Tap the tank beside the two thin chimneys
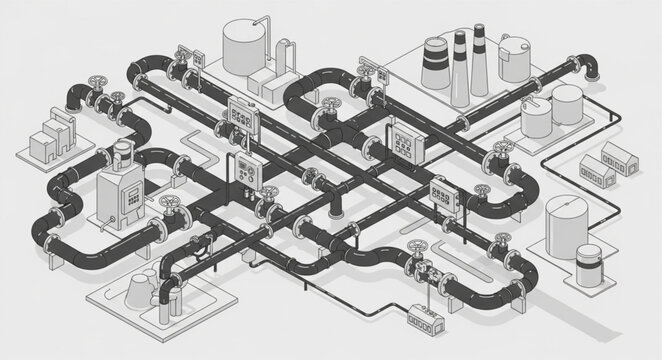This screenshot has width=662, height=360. pyautogui.click(x=516, y=58)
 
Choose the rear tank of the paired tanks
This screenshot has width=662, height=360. pyautogui.click(x=567, y=104)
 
